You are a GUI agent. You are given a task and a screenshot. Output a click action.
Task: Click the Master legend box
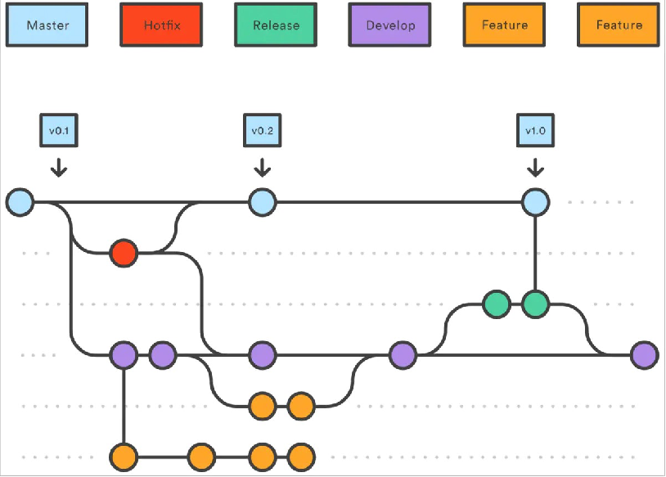point(47,25)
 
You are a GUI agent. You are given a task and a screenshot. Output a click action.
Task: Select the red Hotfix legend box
point(162,25)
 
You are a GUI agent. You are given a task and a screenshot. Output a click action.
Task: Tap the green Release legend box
point(276,25)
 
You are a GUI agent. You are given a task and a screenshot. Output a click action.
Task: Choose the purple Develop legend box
point(390,25)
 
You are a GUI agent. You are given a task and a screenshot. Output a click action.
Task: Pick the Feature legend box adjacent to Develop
point(505,25)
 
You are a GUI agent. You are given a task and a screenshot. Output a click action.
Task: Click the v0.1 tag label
point(58,130)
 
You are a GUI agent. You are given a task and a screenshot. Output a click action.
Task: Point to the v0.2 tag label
point(262,130)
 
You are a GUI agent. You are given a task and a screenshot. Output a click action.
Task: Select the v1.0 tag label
point(535,130)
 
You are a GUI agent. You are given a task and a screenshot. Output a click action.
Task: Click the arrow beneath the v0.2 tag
point(262,167)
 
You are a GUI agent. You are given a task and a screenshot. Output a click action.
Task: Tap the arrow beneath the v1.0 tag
point(535,167)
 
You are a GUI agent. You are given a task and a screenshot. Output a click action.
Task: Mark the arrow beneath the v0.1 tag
point(58,167)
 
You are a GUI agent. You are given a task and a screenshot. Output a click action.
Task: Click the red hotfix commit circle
point(124,253)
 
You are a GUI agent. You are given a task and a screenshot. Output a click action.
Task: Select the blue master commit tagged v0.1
point(19,201)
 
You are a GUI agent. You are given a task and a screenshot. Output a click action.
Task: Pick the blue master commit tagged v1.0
point(535,201)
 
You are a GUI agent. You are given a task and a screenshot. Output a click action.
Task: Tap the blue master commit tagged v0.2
point(262,201)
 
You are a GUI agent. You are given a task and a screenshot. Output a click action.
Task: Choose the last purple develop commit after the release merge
point(644,355)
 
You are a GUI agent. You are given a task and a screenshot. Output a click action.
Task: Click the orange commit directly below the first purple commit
point(124,456)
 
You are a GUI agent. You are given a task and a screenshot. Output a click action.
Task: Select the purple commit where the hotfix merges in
point(262,355)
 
